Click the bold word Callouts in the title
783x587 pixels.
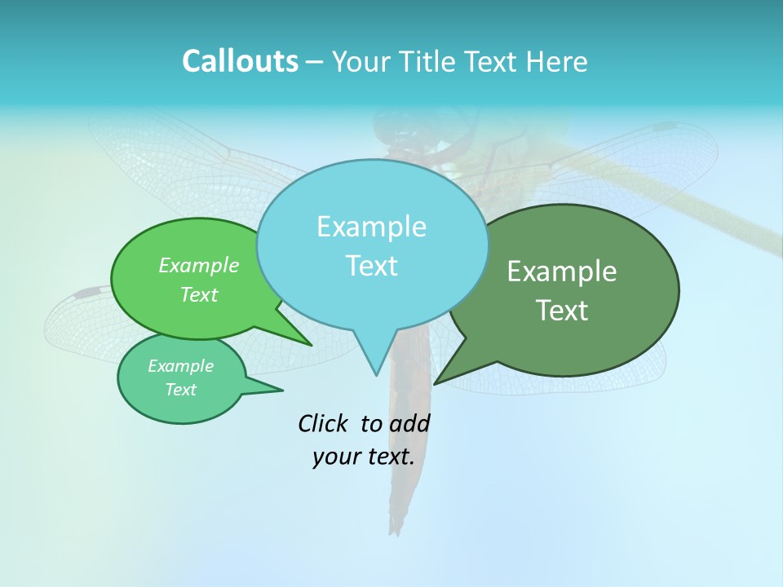pyautogui.click(x=240, y=61)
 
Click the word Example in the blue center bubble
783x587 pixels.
pyautogui.click(x=371, y=227)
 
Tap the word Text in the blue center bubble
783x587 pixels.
pyautogui.click(x=371, y=266)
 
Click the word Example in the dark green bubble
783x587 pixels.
pyautogui.click(x=562, y=271)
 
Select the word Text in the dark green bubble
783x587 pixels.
pyautogui.click(x=562, y=311)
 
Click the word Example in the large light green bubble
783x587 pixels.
pyautogui.click(x=198, y=265)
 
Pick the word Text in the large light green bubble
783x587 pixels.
pyautogui.click(x=198, y=294)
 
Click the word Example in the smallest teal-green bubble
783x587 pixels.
pyautogui.click(x=180, y=366)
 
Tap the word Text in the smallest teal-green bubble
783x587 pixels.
pyautogui.click(x=180, y=390)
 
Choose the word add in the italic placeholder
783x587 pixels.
pyautogui.click(x=409, y=423)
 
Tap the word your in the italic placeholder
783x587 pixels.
pyautogui.click(x=336, y=457)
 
